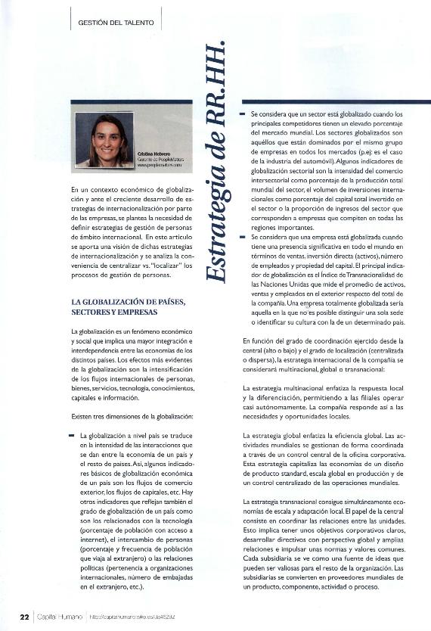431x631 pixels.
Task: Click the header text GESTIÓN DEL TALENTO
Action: coord(116,23)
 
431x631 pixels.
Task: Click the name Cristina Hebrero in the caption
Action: coord(153,154)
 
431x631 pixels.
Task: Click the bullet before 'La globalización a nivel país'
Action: coord(71,437)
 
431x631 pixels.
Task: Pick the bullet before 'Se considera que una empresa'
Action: coord(243,237)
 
